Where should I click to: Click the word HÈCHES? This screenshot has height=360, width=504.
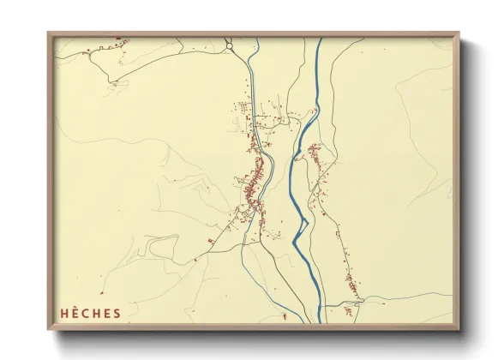pos(90,313)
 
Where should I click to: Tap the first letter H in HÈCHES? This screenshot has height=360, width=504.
pos(63,313)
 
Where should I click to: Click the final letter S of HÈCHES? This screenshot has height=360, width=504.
pos(117,313)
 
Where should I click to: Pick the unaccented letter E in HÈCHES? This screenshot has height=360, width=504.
pos(107,313)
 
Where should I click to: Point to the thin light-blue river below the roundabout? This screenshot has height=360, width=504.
pos(255,86)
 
